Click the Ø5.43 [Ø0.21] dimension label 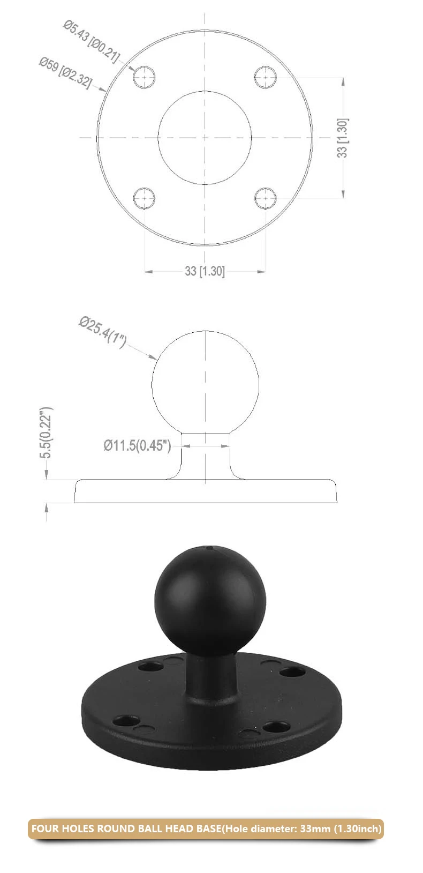coord(92,43)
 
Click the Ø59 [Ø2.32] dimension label coord(65,73)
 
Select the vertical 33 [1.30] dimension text coord(342,138)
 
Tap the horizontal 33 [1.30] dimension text coord(205,271)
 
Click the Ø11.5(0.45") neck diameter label coord(137,445)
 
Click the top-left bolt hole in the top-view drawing coord(144,77)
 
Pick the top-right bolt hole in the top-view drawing coord(266,77)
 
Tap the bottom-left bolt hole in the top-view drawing coord(144,198)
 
